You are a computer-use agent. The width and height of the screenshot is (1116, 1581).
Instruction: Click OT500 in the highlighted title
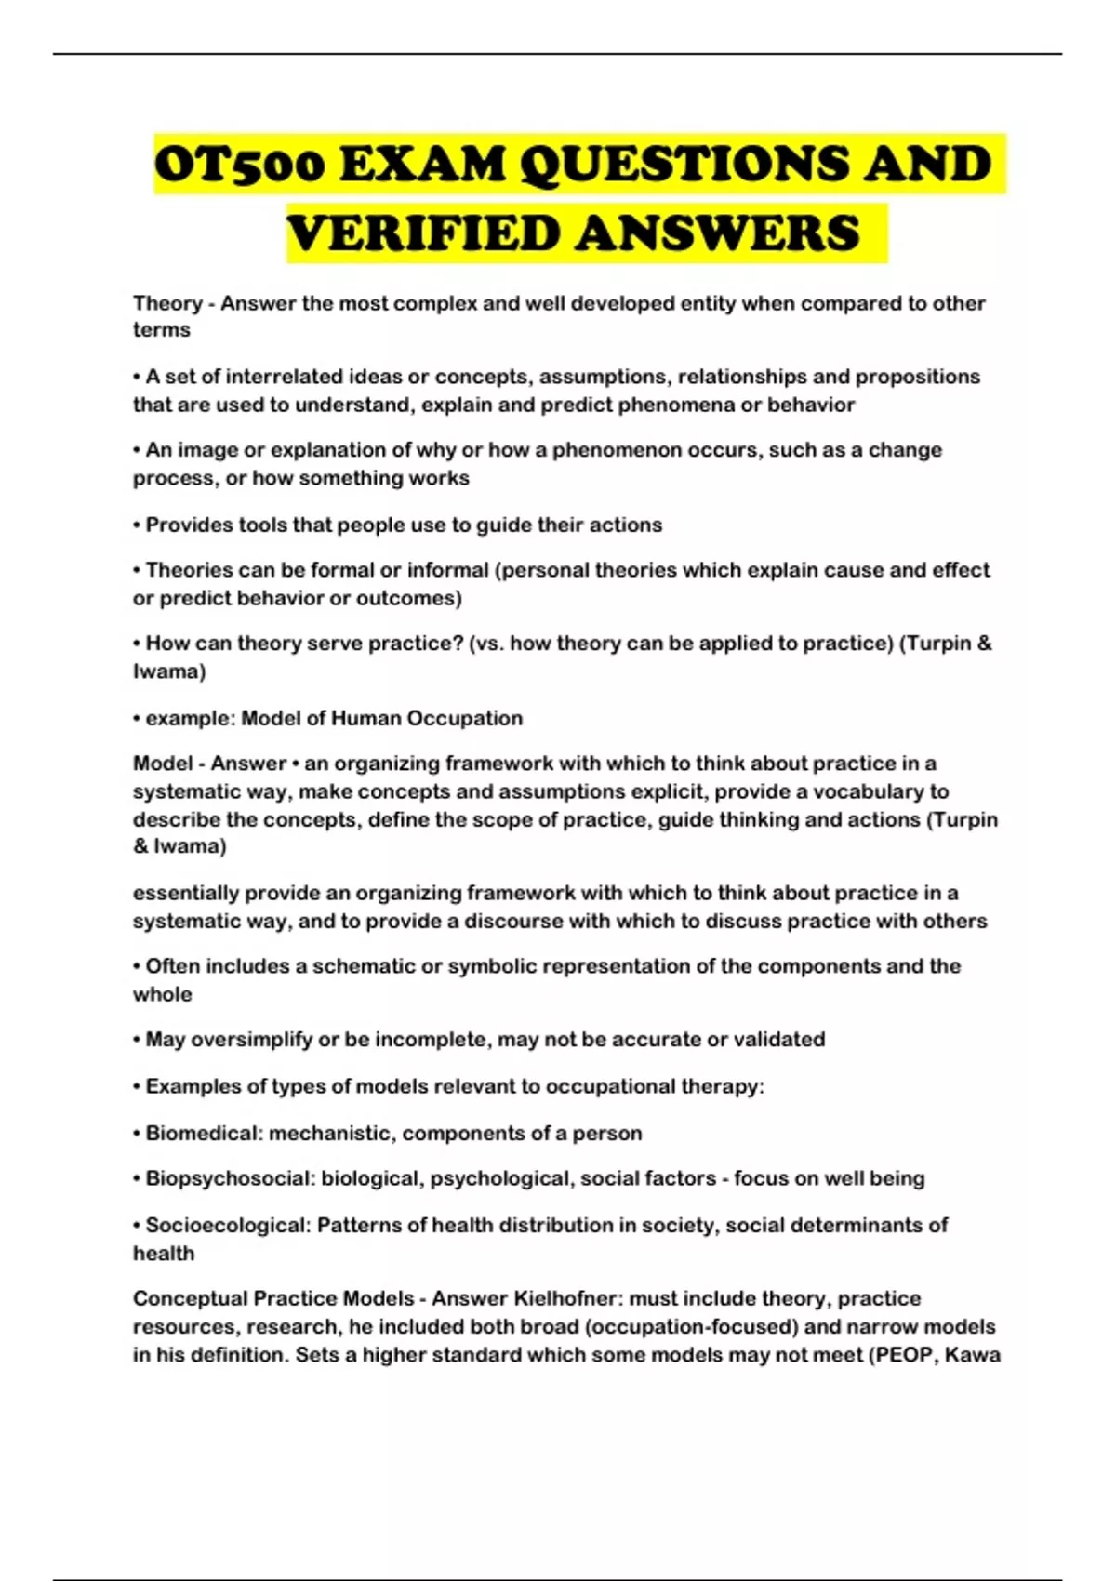239,166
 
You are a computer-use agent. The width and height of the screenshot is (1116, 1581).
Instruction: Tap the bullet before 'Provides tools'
137,525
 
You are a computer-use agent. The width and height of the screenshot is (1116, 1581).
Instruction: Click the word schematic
364,966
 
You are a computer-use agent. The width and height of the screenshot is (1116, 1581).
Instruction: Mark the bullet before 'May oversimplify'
137,1040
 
